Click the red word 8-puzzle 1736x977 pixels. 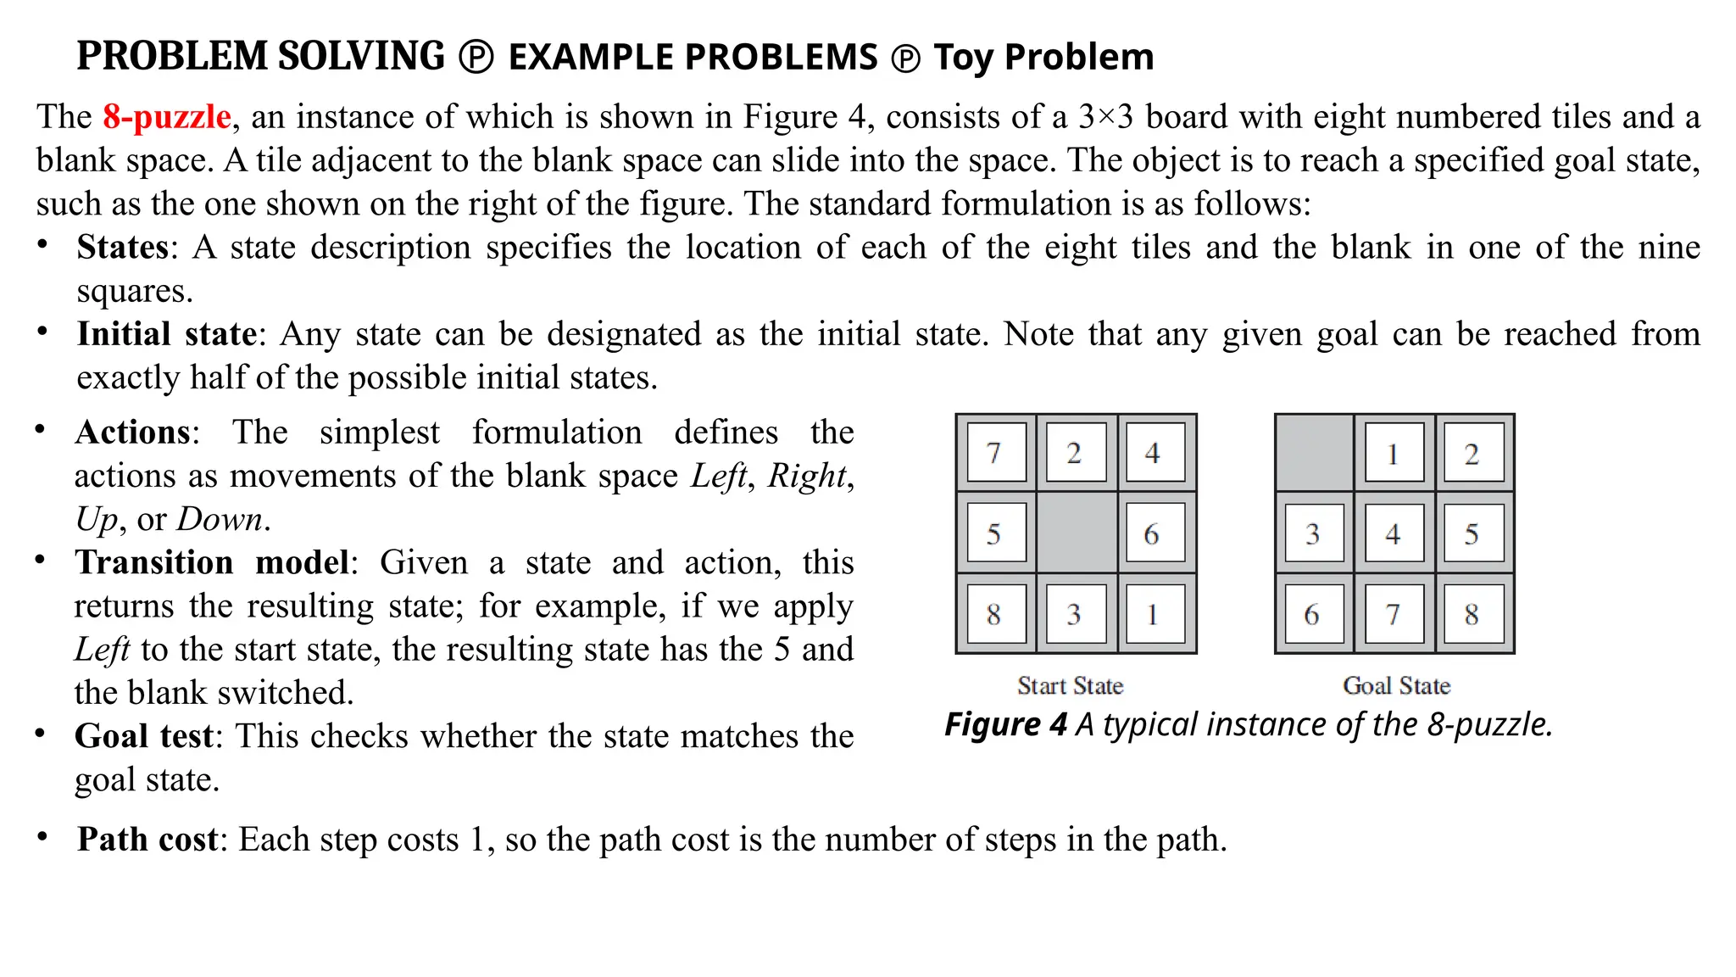coord(167,117)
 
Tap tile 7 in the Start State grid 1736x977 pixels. coord(995,454)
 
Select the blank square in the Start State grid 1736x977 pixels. coord(1076,533)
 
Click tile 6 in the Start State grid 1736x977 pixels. coord(1151,533)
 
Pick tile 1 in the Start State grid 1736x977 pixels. coord(1151,614)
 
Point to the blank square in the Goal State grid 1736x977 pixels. coord(1314,454)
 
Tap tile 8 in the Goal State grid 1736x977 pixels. coord(1472,614)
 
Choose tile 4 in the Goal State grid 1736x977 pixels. coord(1393,533)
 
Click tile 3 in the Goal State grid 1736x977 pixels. coord(1314,533)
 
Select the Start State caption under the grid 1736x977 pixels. coord(1070,685)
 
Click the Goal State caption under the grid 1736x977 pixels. coord(1396,685)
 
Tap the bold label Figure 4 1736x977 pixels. coord(1005,725)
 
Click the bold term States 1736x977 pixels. coord(123,248)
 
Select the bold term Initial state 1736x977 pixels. coord(167,334)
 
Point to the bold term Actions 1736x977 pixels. coord(133,433)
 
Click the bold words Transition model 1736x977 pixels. coord(212,563)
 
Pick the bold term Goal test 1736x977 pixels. coord(144,736)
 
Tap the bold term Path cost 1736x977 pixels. coord(148,840)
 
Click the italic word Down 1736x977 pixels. coord(220,519)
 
